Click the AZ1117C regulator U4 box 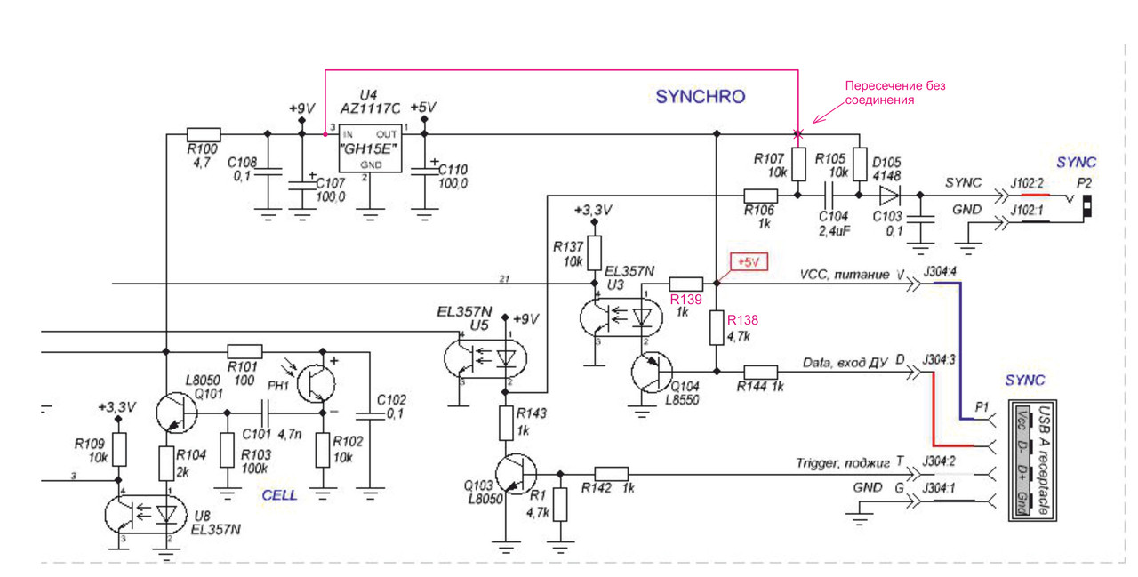tap(370, 148)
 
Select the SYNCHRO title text tap(700, 97)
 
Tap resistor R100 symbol tap(203, 135)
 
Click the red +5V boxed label tap(747, 262)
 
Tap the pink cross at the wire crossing tap(797, 135)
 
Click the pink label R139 tap(685, 299)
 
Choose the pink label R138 tap(742, 319)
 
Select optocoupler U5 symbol tap(485, 357)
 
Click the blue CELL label tap(278, 495)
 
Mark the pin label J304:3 tap(939, 359)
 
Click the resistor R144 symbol tap(761, 372)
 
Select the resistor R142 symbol tap(612, 474)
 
